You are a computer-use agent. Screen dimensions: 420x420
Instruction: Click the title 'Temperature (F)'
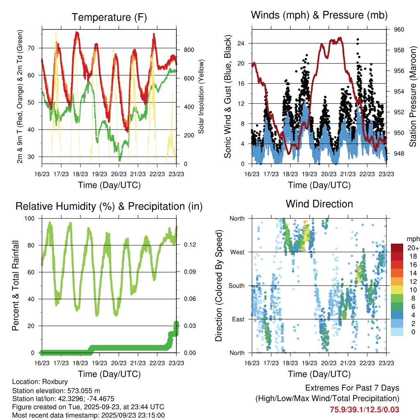109,17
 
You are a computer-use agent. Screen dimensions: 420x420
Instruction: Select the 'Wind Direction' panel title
319,203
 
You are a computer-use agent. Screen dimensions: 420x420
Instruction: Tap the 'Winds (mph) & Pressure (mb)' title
319,16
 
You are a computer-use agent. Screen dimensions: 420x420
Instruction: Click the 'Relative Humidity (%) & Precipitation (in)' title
109,206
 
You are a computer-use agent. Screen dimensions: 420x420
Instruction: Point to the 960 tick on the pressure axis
399,30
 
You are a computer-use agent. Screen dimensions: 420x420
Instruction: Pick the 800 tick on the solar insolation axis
189,50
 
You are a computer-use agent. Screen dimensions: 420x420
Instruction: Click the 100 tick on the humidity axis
31,219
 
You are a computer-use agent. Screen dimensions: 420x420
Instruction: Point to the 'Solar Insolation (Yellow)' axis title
201,97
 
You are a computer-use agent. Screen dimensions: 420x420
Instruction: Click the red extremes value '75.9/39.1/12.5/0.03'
364,409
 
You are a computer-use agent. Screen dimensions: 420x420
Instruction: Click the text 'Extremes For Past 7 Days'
352,388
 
